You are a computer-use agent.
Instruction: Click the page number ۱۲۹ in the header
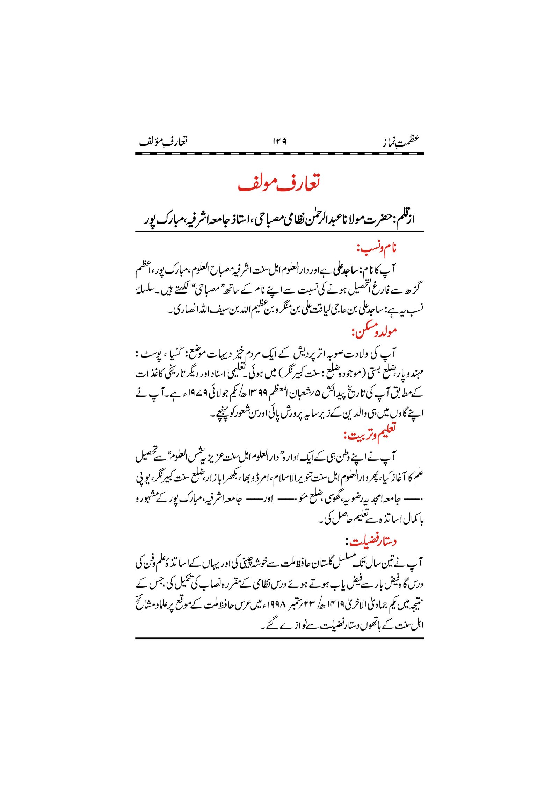tap(279, 142)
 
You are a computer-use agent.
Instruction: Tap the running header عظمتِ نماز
tap(400, 141)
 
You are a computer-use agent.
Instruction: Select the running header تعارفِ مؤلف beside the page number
tap(163, 141)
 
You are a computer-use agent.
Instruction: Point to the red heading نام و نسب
tap(377, 249)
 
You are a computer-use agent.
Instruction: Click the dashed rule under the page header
tap(279, 154)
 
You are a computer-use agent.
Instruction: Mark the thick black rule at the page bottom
tap(279, 638)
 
